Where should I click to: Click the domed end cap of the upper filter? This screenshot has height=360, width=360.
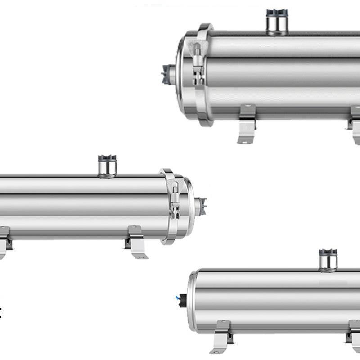pyautogui.click(x=182, y=74)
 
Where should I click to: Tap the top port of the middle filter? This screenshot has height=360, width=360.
pyautogui.click(x=107, y=167)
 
